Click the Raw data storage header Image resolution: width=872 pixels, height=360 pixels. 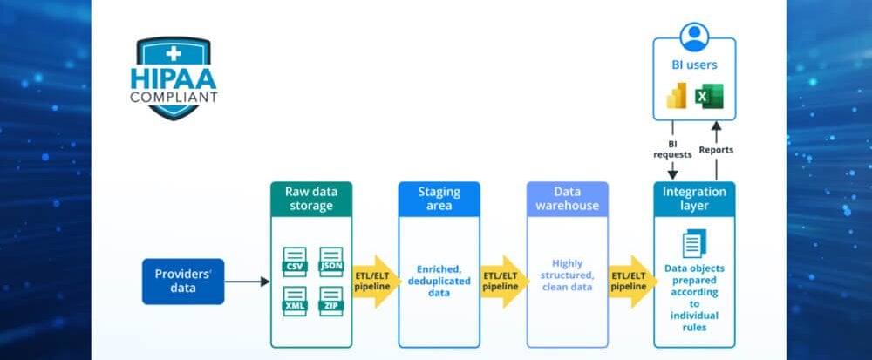pos(310,198)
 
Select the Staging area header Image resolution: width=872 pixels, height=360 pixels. pos(439,198)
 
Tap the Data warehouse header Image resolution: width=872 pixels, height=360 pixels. pos(567,198)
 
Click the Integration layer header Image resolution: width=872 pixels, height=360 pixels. pos(694,198)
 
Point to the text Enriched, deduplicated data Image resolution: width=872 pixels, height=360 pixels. pos(439,282)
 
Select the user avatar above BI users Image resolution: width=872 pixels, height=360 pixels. pos(694,37)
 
